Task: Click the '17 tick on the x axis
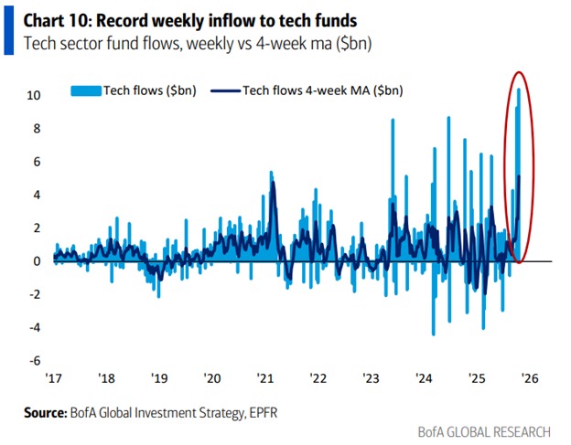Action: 53,377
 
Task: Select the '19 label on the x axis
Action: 159,377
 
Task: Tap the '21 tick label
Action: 265,377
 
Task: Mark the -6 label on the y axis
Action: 34,360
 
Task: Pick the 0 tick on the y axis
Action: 36,261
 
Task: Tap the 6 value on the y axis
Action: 36,162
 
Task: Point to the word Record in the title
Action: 129,17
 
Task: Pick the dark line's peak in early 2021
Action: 273,185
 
